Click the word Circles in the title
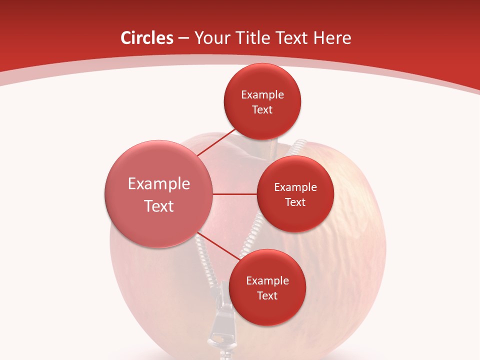pos(146,38)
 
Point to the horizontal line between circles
pos(235,194)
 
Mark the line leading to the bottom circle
pos(218,245)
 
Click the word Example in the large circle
pos(159,184)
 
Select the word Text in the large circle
pos(159,206)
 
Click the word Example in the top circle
pos(262,95)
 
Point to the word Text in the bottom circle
pos(267,296)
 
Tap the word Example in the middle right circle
pos(295,187)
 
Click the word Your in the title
pos(212,38)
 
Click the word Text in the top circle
pos(262,110)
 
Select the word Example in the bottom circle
pos(267,281)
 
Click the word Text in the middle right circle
pos(295,202)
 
